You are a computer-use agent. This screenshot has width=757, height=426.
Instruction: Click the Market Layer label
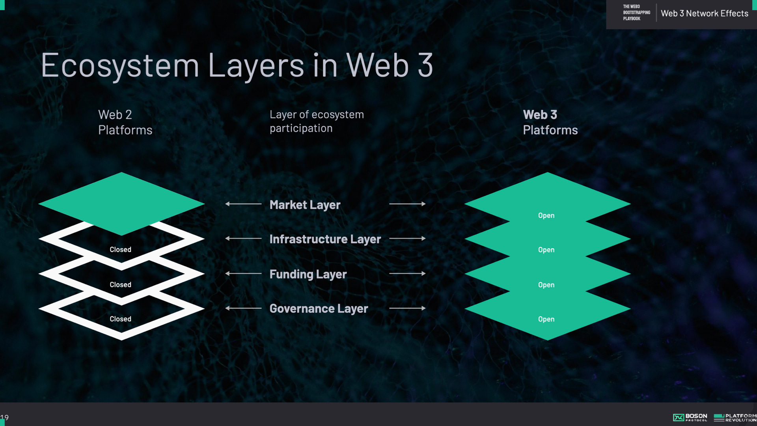[305, 205]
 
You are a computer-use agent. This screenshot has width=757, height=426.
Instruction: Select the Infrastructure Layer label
[325, 239]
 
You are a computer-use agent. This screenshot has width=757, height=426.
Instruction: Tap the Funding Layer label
[308, 274]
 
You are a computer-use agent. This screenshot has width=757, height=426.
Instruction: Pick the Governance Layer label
[319, 308]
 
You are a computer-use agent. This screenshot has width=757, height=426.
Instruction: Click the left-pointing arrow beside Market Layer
[243, 204]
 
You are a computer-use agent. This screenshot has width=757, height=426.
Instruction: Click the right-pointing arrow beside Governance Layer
[407, 308]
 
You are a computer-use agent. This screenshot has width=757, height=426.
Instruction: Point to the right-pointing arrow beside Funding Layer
[407, 273]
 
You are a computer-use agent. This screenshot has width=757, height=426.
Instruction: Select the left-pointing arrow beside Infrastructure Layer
[243, 239]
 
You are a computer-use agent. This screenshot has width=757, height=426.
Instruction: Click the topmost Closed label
[120, 250]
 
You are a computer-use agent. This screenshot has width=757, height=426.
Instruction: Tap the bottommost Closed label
[120, 319]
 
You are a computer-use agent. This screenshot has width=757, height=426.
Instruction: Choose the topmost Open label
[546, 215]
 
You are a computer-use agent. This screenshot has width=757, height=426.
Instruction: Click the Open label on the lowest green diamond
[546, 319]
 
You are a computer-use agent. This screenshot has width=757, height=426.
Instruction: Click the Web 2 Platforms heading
[125, 122]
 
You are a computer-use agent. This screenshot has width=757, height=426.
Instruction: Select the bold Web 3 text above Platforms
[540, 115]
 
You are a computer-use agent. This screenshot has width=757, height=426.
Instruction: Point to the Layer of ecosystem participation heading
[316, 121]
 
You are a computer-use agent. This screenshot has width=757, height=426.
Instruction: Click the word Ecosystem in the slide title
[120, 66]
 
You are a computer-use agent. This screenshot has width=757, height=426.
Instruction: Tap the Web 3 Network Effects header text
[704, 13]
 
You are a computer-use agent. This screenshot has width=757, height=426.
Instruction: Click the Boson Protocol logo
[690, 417]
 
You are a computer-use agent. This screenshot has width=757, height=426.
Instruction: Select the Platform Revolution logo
[735, 417]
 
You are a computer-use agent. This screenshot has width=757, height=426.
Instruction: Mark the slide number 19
[5, 417]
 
